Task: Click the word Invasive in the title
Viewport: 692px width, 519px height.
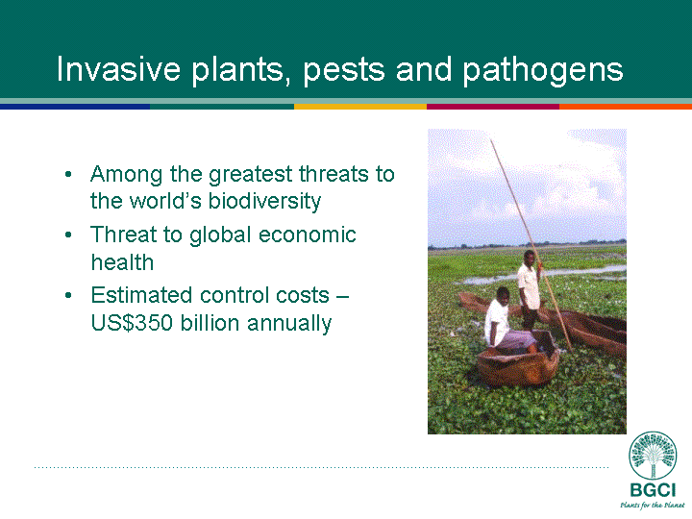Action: (x=118, y=69)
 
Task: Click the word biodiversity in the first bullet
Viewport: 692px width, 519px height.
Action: (x=264, y=201)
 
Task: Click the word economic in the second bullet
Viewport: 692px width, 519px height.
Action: (x=308, y=235)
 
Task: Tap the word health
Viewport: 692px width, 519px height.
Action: (x=122, y=261)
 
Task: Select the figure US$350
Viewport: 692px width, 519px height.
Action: (x=132, y=323)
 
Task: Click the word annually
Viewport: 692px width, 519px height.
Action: (x=289, y=324)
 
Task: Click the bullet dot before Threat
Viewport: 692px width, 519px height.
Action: (x=68, y=235)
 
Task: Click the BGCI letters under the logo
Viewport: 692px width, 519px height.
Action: (x=653, y=491)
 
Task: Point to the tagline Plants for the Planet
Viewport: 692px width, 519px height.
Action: (x=653, y=505)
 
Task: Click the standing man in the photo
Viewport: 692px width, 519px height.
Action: (x=530, y=289)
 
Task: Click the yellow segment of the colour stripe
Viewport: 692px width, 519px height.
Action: (x=360, y=107)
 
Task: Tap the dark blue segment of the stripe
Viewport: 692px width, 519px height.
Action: (x=75, y=107)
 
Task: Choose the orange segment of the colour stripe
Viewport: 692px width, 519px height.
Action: (x=626, y=107)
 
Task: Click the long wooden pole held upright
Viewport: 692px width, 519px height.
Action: (x=531, y=245)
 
